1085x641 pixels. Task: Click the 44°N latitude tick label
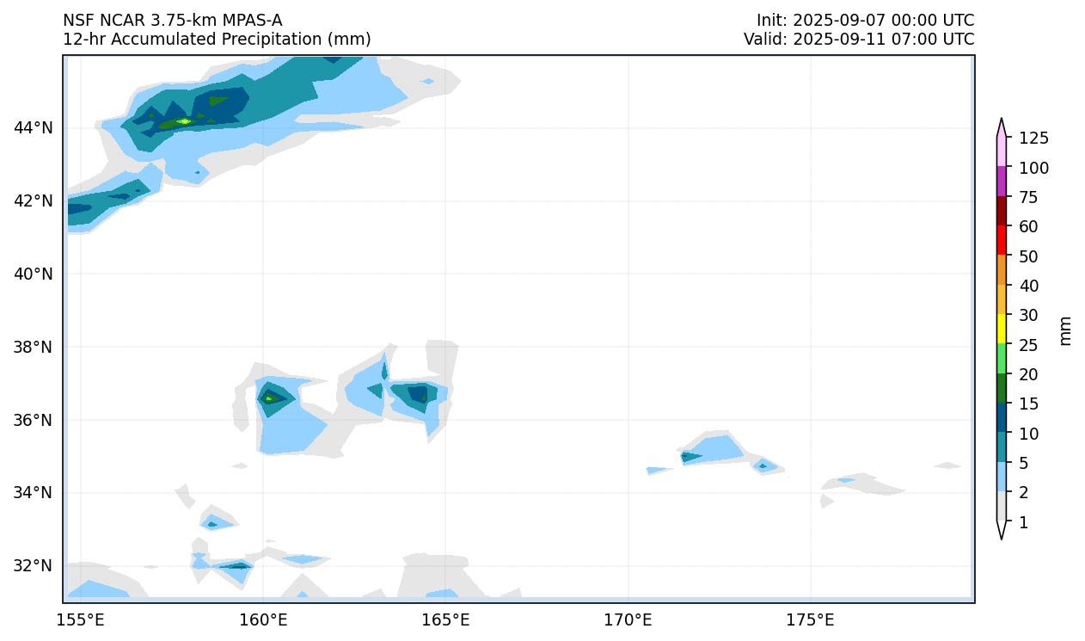click(x=33, y=128)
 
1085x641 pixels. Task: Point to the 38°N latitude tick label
click(x=33, y=347)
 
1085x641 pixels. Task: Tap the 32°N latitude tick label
click(x=33, y=565)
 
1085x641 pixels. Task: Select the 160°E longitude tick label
click(x=263, y=619)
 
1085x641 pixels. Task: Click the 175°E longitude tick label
click(x=810, y=619)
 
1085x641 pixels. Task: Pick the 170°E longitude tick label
click(x=628, y=619)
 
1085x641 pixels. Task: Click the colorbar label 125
click(x=1033, y=139)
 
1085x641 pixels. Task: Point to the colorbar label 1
click(x=1023, y=522)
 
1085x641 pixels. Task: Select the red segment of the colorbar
click(x=1002, y=239)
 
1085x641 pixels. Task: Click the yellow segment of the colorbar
click(x=1002, y=328)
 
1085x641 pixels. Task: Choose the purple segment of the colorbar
click(x=1002, y=181)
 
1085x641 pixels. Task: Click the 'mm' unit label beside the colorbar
click(x=1066, y=330)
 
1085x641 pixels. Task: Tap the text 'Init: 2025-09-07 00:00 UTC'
click(x=865, y=20)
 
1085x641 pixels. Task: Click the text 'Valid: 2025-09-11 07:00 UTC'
click(x=859, y=39)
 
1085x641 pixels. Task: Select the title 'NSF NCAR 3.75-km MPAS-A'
click(x=172, y=20)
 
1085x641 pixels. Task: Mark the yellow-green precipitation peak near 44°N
click(x=183, y=121)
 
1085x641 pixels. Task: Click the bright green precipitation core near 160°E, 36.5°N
click(x=269, y=398)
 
